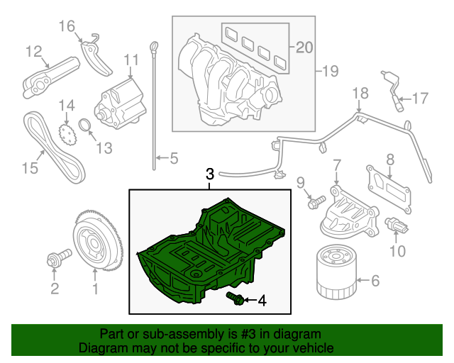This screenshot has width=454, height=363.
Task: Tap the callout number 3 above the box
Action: point(209,174)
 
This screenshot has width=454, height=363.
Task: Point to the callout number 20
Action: point(304,48)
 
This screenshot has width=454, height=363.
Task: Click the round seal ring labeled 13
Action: point(84,128)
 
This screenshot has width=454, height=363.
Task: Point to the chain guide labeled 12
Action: point(46,74)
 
